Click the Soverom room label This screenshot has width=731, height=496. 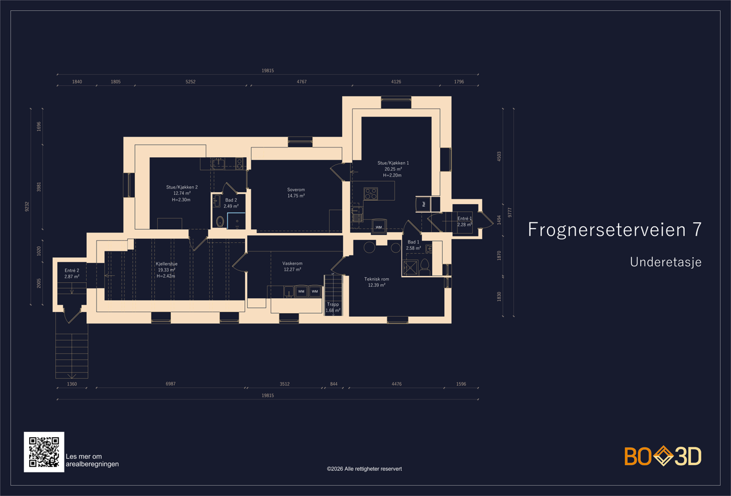pyautogui.click(x=296, y=193)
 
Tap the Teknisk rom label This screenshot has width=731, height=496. pyautogui.click(x=376, y=282)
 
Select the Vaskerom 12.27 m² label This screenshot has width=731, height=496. pyautogui.click(x=292, y=266)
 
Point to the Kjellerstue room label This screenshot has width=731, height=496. pyautogui.click(x=166, y=270)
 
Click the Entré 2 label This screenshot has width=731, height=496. pyautogui.click(x=72, y=273)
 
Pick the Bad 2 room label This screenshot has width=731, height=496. pyautogui.click(x=231, y=203)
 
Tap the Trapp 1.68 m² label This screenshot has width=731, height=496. pyautogui.click(x=333, y=307)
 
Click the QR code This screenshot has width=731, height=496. pyautogui.click(x=44, y=452)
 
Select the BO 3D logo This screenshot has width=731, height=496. pyautogui.click(x=663, y=456)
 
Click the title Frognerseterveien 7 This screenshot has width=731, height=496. pyautogui.click(x=615, y=230)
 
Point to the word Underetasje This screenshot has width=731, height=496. pyautogui.click(x=666, y=262)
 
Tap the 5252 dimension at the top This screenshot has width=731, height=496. pyautogui.click(x=191, y=82)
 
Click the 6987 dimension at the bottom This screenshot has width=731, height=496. pyautogui.click(x=171, y=383)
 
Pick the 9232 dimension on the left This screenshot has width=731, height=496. pyautogui.click(x=27, y=206)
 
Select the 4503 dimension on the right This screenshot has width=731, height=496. pyautogui.click(x=499, y=157)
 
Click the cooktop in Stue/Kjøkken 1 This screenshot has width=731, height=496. pyautogui.click(x=371, y=194)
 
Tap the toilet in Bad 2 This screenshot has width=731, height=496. pyautogui.click(x=220, y=221)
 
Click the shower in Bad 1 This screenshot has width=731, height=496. pyautogui.click(x=410, y=268)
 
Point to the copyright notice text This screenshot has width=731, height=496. pyautogui.click(x=364, y=469)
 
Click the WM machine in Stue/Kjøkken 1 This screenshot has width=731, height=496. pyautogui.click(x=379, y=226)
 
